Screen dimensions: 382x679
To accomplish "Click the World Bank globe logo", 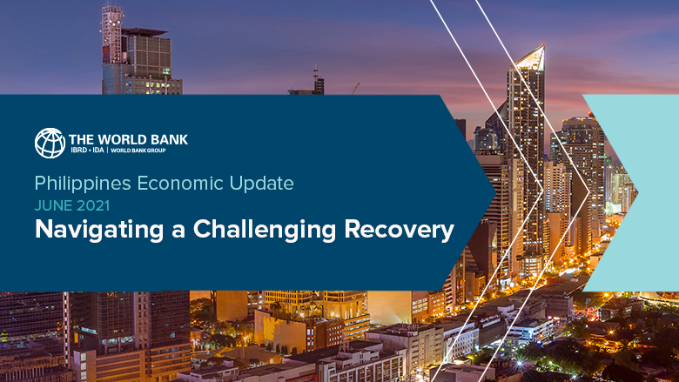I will click(x=50, y=143).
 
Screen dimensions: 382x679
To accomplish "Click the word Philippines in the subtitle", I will click(x=77, y=184).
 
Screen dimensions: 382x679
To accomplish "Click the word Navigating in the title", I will click(x=93, y=231).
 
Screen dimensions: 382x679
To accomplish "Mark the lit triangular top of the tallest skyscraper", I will click(x=530, y=59).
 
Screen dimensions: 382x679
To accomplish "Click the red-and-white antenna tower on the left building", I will click(x=111, y=30).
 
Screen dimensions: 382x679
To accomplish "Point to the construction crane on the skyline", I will click(x=356, y=88).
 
